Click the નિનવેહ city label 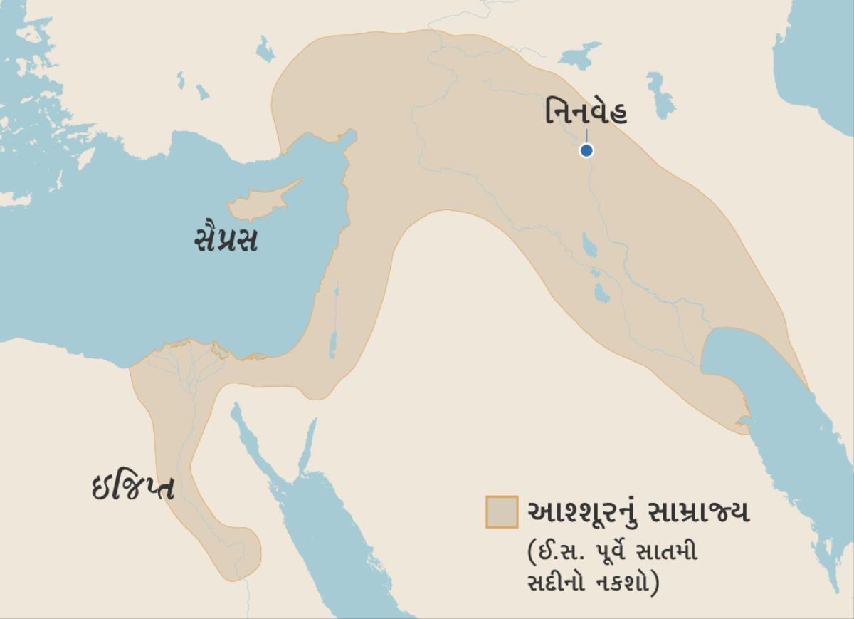pyautogui.click(x=587, y=113)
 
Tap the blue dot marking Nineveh pyautogui.click(x=586, y=150)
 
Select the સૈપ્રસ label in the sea pyautogui.click(x=226, y=239)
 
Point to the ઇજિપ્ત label pyautogui.click(x=133, y=487)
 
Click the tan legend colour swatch pyautogui.click(x=502, y=512)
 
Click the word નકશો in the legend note pyautogui.click(x=628, y=580)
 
